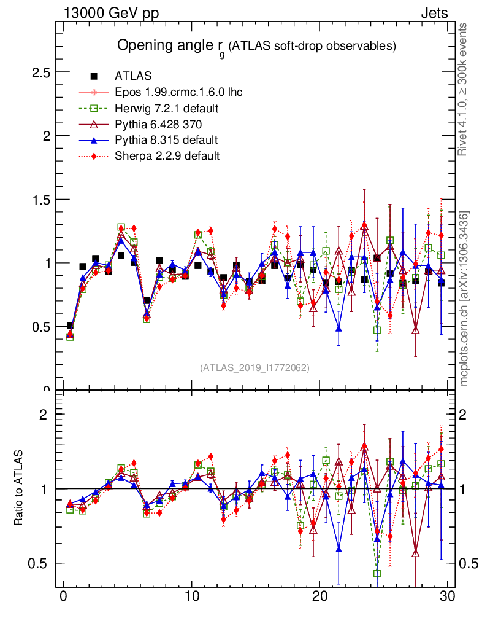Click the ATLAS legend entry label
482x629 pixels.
[x=133, y=77]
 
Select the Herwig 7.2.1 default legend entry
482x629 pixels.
[x=167, y=109]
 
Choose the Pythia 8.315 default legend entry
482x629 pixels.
[x=166, y=140]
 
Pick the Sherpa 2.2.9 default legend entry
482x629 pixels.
[x=167, y=156]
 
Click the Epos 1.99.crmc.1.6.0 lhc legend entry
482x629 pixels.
[x=178, y=93]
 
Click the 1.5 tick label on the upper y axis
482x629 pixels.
[x=40, y=200]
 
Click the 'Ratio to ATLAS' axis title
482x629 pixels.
[x=19, y=488]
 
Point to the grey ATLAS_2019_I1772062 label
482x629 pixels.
[x=254, y=368]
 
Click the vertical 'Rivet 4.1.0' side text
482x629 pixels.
[x=464, y=89]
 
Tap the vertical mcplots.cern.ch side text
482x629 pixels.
[x=464, y=299]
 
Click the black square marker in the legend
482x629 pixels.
[x=94, y=77]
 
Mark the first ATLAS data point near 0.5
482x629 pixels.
[x=70, y=326]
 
